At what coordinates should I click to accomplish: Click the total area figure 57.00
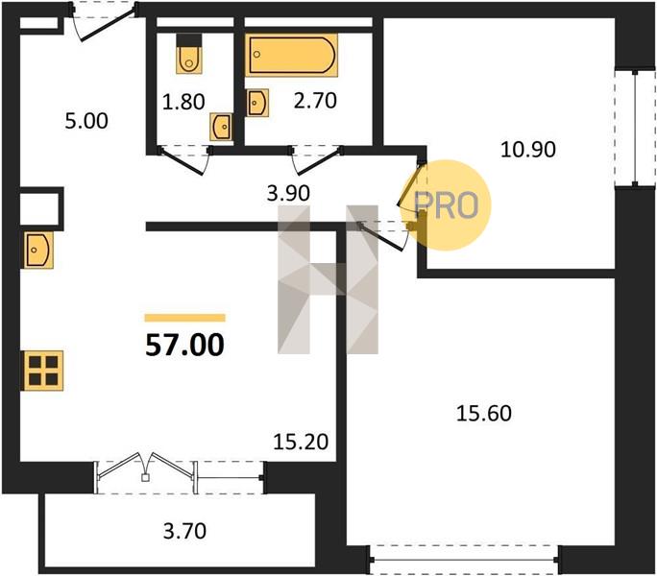(184, 345)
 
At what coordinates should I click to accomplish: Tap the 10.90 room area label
(528, 150)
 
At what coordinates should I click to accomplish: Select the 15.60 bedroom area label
(483, 413)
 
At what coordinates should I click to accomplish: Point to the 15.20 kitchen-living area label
(301, 442)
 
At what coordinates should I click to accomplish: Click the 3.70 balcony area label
(184, 531)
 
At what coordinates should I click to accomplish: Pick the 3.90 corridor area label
(288, 193)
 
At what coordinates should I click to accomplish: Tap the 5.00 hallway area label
(86, 121)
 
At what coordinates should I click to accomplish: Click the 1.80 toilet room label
(183, 102)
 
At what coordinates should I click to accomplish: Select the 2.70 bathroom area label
(315, 101)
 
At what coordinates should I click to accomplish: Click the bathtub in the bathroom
(291, 55)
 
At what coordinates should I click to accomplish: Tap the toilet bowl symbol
(189, 54)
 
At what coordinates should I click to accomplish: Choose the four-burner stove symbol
(43, 371)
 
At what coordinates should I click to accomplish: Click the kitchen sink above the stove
(38, 251)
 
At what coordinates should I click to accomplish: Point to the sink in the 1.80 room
(221, 127)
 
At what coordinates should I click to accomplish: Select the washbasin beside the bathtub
(257, 103)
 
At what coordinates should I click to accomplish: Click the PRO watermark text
(446, 205)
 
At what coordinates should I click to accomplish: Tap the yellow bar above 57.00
(184, 318)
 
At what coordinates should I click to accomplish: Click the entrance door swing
(104, 24)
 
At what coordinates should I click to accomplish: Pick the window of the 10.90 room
(635, 128)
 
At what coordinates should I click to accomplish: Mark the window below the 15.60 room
(463, 560)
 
